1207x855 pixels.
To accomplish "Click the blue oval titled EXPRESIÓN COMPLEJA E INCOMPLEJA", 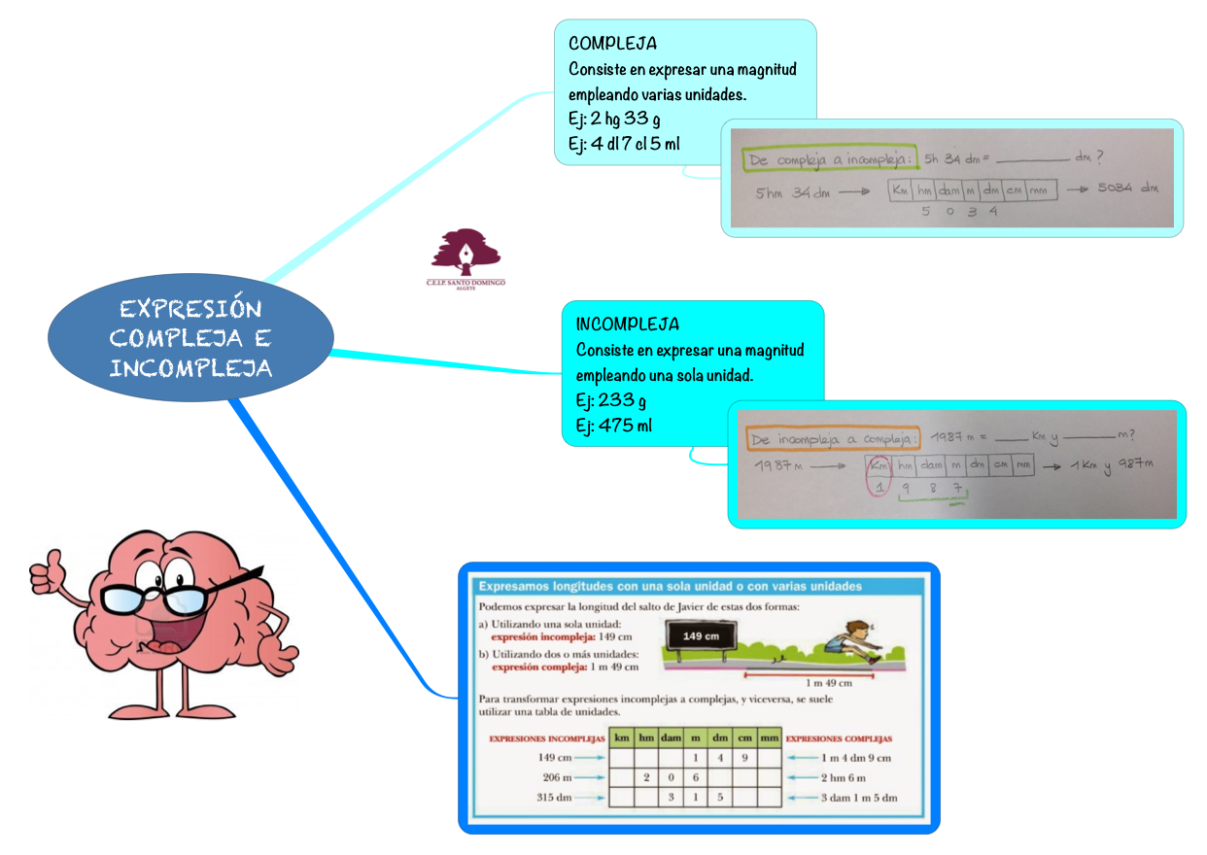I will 190,338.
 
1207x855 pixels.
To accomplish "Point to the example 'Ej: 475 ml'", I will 613,426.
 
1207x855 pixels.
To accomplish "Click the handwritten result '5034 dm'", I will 1126,188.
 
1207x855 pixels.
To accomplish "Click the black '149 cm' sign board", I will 699,636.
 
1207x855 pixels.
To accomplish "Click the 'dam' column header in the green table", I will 672,738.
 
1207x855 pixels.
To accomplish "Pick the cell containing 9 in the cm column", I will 744,758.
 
